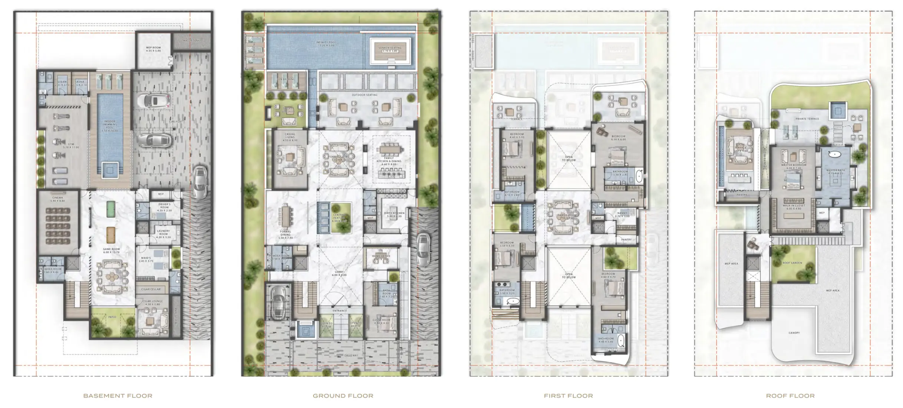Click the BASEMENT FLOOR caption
tap(118, 396)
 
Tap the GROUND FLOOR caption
tap(343, 396)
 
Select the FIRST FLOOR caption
tap(568, 396)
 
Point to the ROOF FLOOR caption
tap(790, 396)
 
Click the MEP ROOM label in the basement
tap(153, 48)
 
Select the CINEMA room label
tap(57, 198)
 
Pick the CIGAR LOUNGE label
tap(152, 302)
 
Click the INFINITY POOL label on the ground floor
tap(326, 43)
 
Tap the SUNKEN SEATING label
tap(390, 48)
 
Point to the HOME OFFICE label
tap(381, 256)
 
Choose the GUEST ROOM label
tap(381, 320)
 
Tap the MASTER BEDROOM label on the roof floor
tap(794, 165)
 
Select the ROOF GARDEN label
tap(792, 263)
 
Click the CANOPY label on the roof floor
tap(794, 333)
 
